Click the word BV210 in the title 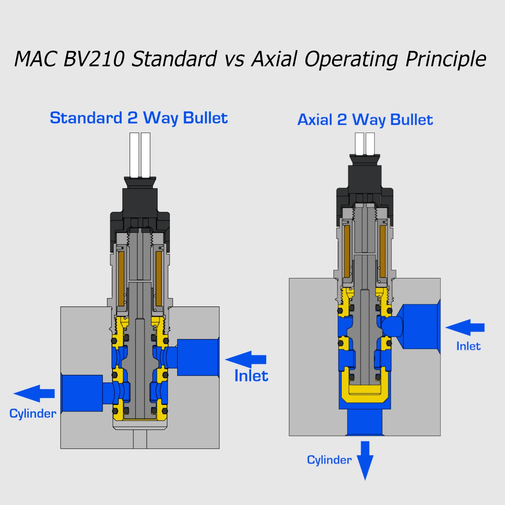pyautogui.click(x=94, y=59)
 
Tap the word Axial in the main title pyautogui.click(x=275, y=59)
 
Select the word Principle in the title pyautogui.click(x=446, y=59)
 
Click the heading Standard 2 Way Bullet pyautogui.click(x=139, y=118)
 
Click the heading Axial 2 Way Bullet pyautogui.click(x=365, y=120)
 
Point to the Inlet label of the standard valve pyautogui.click(x=251, y=376)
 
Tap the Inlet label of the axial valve pyautogui.click(x=468, y=346)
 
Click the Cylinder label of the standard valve pyautogui.click(x=33, y=413)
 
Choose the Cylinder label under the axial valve pyautogui.click(x=329, y=460)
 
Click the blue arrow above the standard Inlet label pyautogui.click(x=246, y=359)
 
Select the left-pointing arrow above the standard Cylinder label pyautogui.click(x=34, y=393)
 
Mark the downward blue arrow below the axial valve pyautogui.click(x=365, y=460)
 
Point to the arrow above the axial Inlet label pyautogui.click(x=465, y=328)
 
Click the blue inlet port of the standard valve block pyautogui.click(x=197, y=357)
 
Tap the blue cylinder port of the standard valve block pyautogui.click(x=82, y=393)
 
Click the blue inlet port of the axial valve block pyautogui.click(x=420, y=326)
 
